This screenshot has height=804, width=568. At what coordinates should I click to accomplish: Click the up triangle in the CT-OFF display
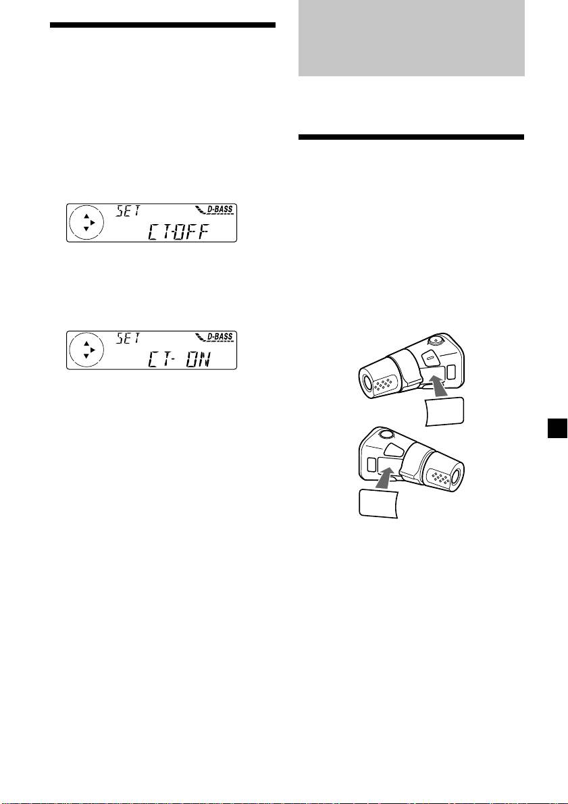tap(86, 217)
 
